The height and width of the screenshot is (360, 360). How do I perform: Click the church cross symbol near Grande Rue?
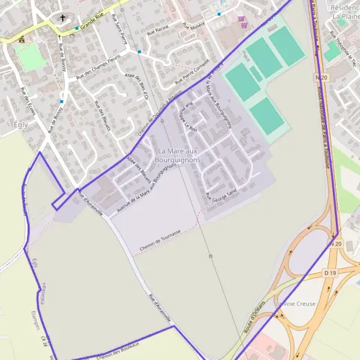click(x=62, y=19)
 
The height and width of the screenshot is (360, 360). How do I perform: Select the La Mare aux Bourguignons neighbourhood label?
click(x=176, y=156)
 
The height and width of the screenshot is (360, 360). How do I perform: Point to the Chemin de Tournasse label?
click(x=160, y=241)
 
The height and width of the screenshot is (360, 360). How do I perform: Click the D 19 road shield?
click(x=330, y=273)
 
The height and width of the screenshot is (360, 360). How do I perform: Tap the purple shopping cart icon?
click(x=241, y=19)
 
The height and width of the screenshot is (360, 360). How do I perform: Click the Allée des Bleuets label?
click(x=139, y=167)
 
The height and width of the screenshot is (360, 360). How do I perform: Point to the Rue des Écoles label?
click(x=28, y=101)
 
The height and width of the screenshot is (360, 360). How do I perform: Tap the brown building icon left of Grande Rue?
click(x=22, y=39)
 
